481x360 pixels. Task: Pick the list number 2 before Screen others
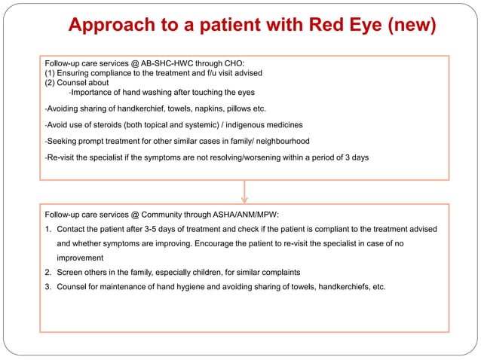tap(48, 272)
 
